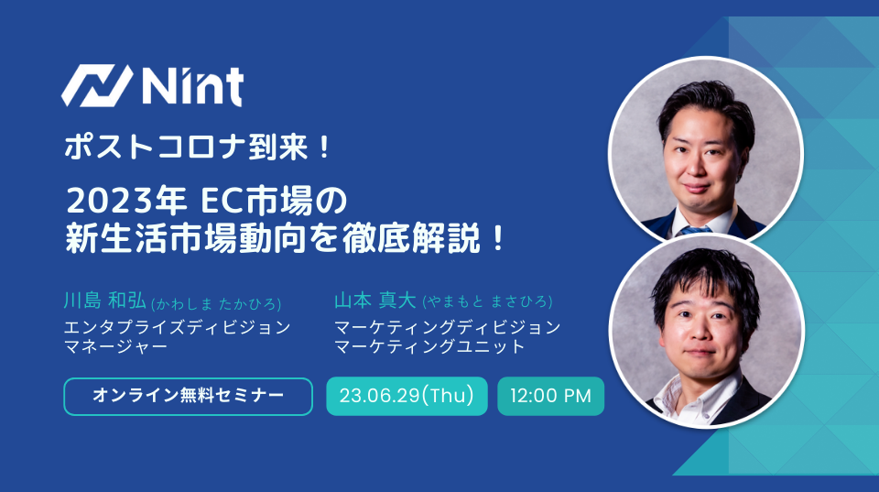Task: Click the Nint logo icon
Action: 97,86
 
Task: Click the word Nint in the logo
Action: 193,86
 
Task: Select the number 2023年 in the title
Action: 126,201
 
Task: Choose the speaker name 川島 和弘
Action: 104,301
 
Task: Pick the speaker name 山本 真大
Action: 375,301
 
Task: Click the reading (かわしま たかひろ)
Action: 216,303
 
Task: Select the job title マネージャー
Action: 116,346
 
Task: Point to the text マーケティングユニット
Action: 429,346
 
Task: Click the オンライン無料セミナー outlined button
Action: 188,397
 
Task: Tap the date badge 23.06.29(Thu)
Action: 407,396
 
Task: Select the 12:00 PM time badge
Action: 550,396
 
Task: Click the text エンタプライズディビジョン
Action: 177,327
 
